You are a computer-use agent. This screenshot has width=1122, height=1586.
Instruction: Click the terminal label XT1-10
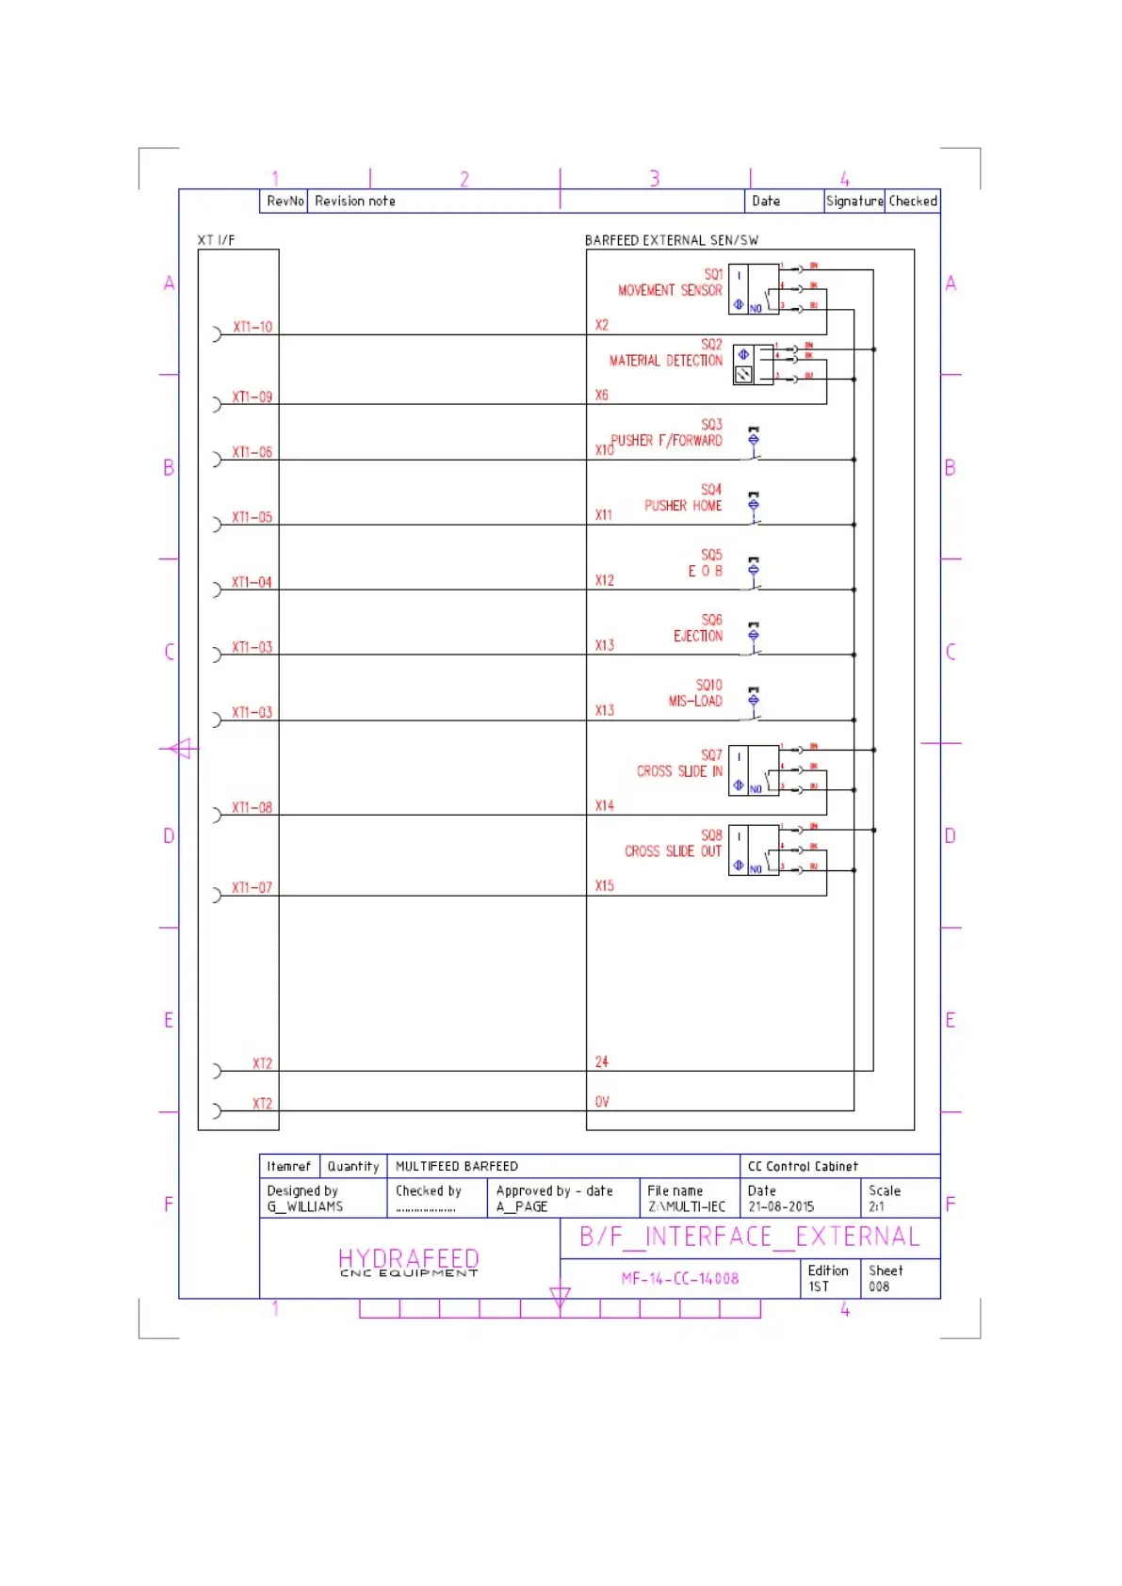click(x=252, y=327)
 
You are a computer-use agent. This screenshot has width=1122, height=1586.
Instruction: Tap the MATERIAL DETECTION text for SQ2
click(x=665, y=361)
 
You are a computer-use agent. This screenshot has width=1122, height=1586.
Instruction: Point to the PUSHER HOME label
click(x=682, y=506)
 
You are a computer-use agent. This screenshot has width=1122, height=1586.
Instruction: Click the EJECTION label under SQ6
click(x=697, y=636)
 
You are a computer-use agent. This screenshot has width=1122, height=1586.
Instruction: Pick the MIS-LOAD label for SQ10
click(x=694, y=701)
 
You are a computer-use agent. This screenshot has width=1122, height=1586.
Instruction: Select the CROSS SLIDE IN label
click(x=678, y=771)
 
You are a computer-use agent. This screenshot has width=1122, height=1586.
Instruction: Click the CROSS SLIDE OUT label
click(x=672, y=851)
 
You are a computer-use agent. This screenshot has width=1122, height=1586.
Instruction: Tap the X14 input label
click(x=604, y=806)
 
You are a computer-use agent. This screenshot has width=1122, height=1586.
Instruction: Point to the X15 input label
click(x=604, y=886)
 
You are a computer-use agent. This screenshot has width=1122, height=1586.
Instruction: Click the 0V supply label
click(x=602, y=1102)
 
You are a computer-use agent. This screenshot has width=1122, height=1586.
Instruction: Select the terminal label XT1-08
click(x=252, y=808)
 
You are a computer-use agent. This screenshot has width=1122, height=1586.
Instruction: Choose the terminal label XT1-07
click(x=252, y=888)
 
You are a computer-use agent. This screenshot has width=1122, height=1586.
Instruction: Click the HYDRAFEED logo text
click(x=408, y=1259)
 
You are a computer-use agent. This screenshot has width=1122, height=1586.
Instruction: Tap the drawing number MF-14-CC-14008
click(x=679, y=1279)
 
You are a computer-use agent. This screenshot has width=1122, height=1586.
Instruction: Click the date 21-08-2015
click(x=781, y=1206)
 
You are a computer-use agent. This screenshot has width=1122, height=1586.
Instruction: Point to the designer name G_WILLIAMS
click(x=305, y=1206)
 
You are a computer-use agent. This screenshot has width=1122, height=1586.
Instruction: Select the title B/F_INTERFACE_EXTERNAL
click(x=749, y=1237)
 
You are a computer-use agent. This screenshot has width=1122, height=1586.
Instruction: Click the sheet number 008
click(x=879, y=1287)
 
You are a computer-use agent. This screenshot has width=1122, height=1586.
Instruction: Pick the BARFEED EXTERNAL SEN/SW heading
click(x=671, y=240)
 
